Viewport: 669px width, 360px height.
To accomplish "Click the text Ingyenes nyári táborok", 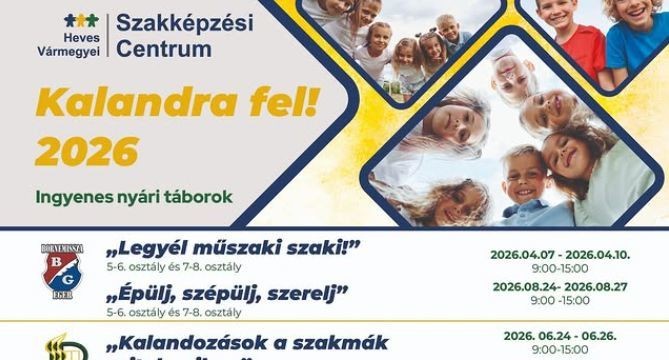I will click(132, 196).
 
